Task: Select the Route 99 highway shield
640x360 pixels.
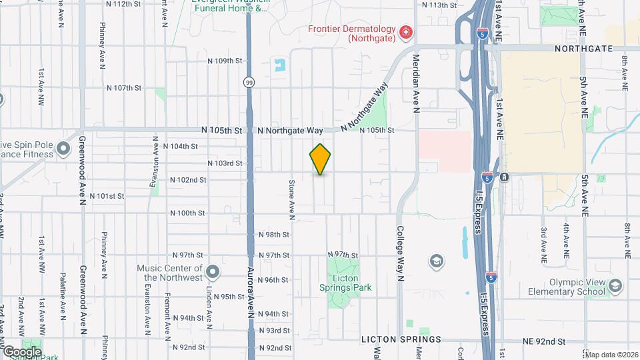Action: [x=248, y=82]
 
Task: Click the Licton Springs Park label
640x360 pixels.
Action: [x=349, y=283]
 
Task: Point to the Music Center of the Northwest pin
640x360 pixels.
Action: [x=213, y=271]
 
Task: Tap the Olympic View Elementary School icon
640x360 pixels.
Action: [x=615, y=286]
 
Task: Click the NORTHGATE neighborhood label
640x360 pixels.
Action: [x=583, y=49]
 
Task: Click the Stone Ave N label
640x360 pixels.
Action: [x=291, y=199]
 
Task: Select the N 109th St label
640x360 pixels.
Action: [x=224, y=61]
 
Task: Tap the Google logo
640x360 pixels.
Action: [x=21, y=351]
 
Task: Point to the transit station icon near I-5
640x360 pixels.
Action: [x=505, y=177]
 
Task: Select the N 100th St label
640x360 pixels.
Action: [x=187, y=213]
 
